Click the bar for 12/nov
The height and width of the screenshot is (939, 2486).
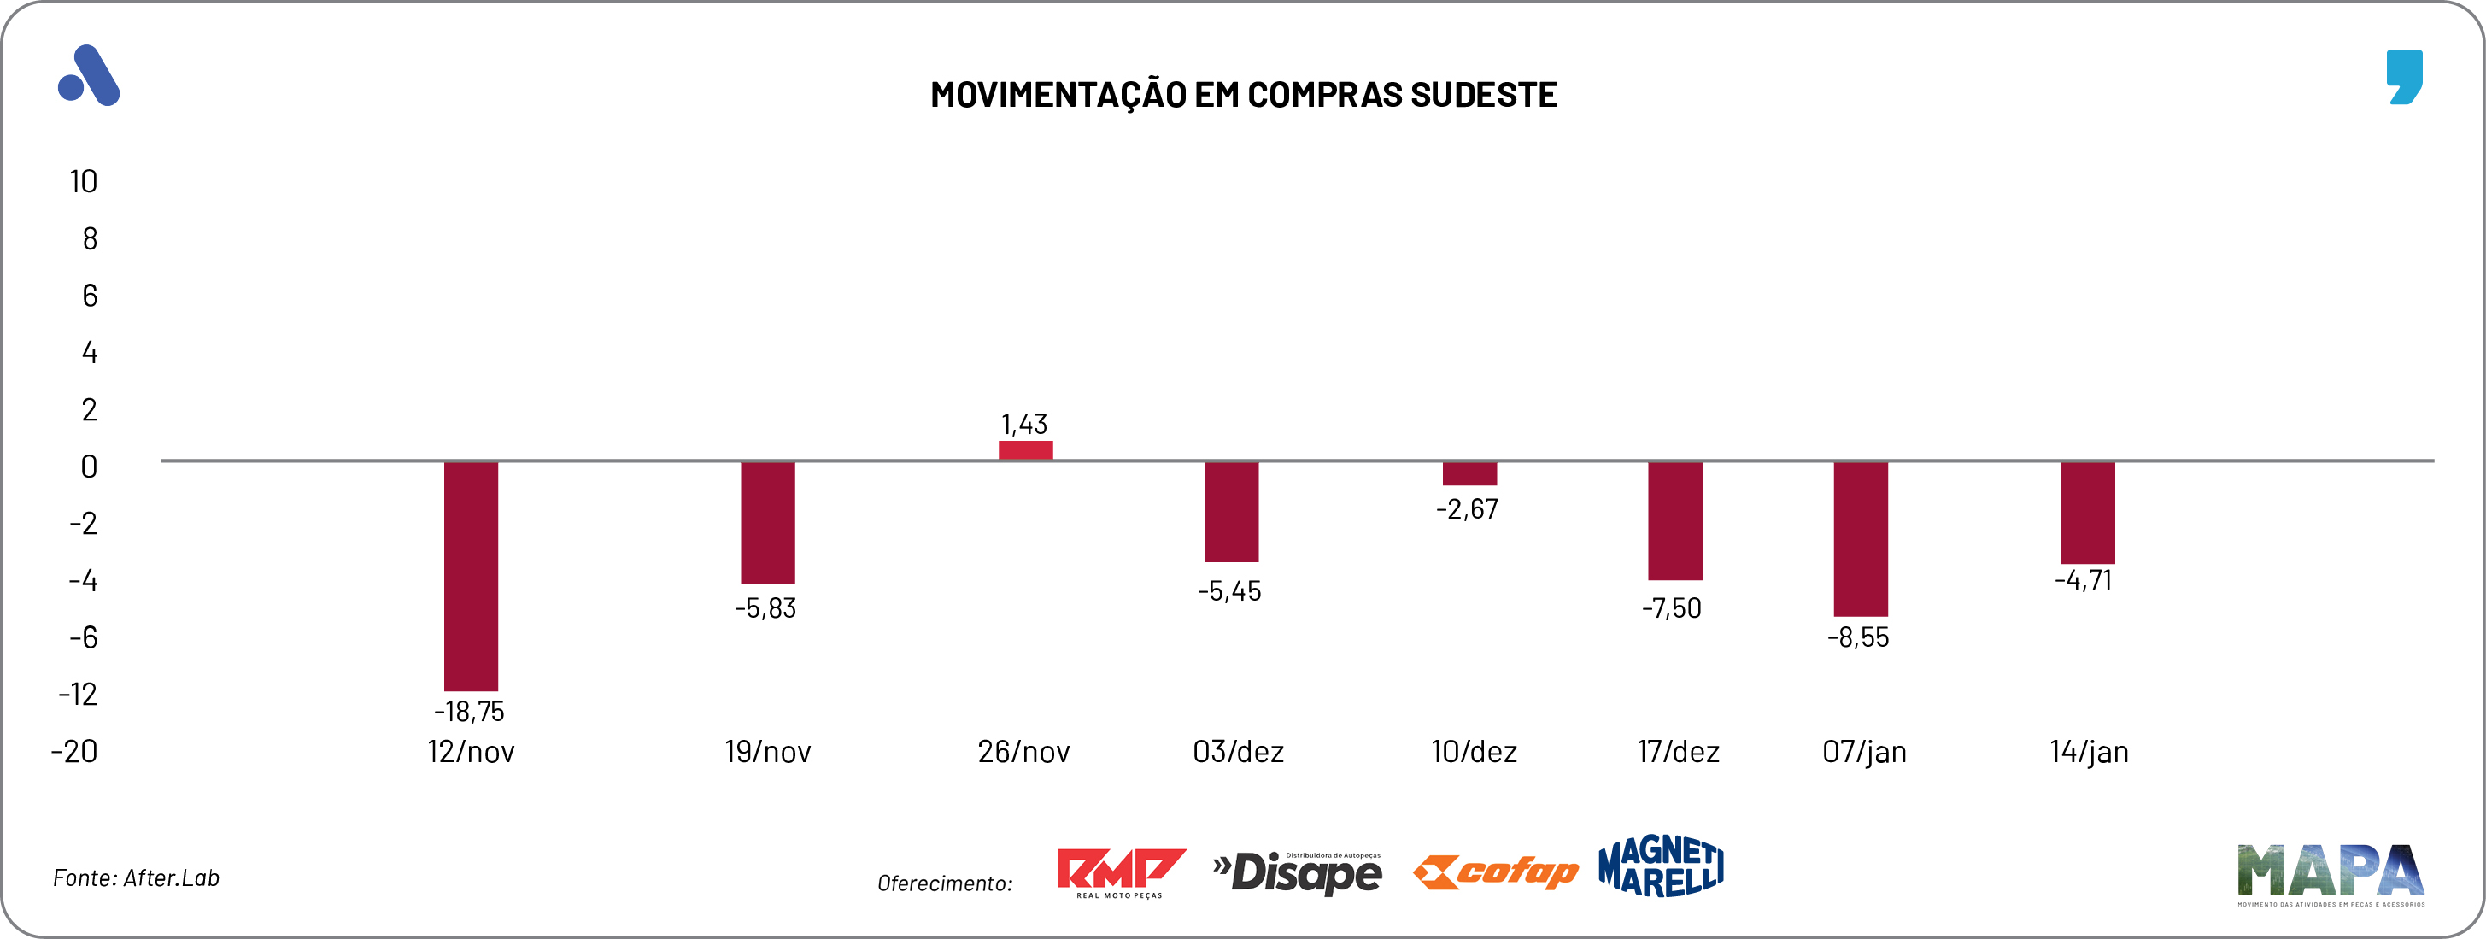471,575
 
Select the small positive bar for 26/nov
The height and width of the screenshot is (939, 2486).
1025,449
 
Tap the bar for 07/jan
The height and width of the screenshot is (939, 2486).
1861,538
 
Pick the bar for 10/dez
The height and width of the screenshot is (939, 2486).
1469,472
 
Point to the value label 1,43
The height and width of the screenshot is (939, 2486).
1024,425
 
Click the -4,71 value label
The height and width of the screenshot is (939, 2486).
2084,581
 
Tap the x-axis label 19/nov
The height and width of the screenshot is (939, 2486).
767,752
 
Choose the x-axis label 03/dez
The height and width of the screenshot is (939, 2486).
1238,752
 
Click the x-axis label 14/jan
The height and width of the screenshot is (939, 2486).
2089,752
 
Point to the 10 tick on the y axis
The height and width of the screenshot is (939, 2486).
84,181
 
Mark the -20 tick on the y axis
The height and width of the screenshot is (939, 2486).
74,752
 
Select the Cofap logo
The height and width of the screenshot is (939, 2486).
1495,872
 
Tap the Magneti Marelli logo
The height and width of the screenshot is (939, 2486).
1661,866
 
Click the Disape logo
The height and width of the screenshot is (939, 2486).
1297,872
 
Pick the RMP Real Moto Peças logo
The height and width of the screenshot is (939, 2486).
1121,872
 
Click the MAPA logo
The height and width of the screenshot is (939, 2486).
2330,873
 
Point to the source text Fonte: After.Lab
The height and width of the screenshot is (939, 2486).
136,878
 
